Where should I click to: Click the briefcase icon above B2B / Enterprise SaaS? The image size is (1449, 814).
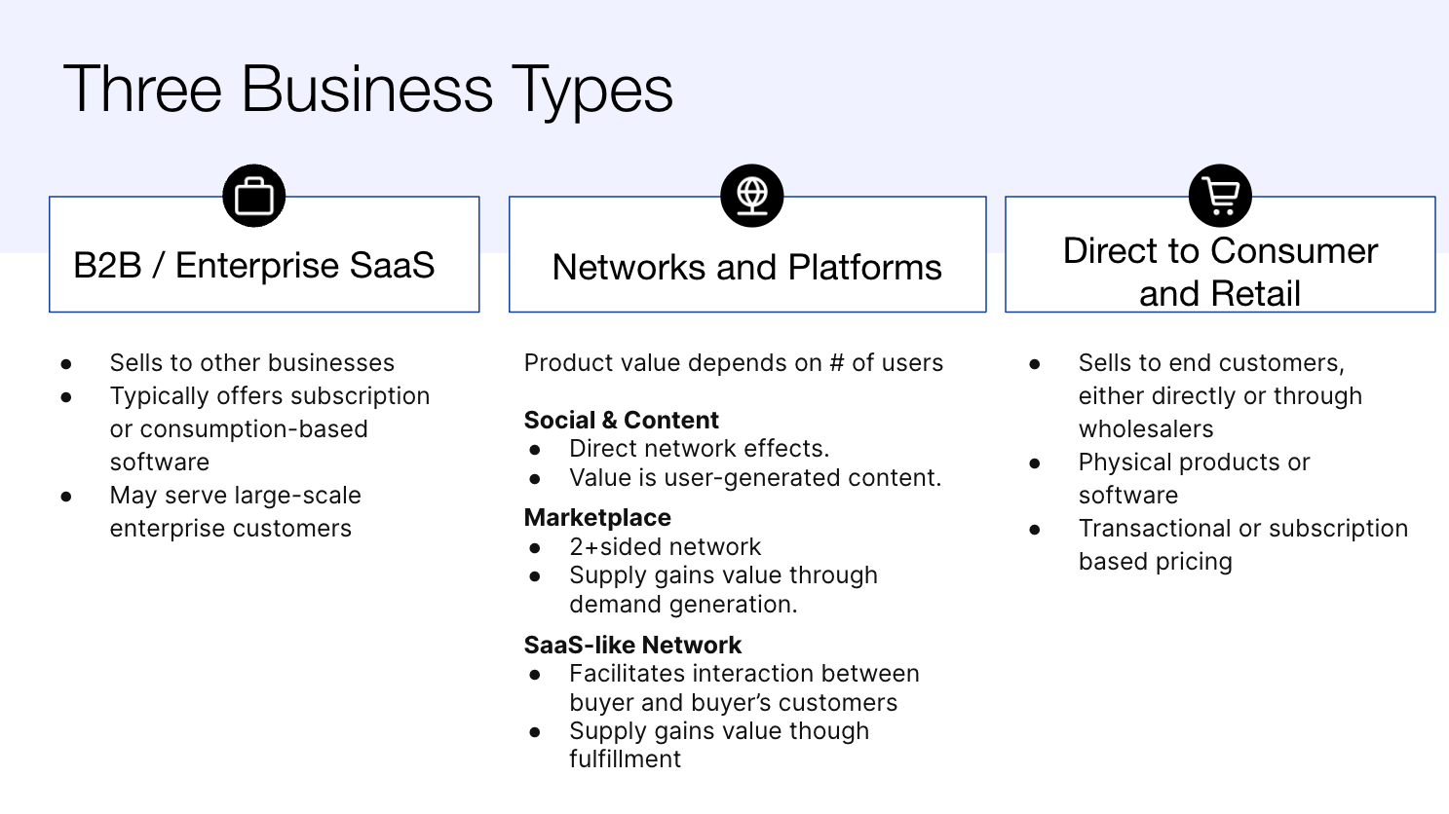pos(254,196)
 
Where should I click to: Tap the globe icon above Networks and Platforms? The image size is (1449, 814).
pos(751,196)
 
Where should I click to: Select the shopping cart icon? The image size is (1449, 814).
pos(1220,196)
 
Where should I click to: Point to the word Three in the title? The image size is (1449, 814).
pos(143,91)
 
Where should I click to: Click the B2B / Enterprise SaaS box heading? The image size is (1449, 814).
pos(254,266)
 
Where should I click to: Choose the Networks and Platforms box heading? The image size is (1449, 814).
pos(746,268)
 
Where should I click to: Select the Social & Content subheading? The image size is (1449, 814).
pos(621,421)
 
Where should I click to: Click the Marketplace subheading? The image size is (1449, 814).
pos(597,518)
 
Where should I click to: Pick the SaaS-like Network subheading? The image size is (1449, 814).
pos(632,646)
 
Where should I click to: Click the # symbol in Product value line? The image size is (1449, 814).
pos(836,363)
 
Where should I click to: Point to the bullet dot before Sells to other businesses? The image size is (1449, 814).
pos(66,364)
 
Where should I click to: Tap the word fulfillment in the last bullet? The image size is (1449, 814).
pos(625,759)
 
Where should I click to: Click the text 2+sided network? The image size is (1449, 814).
pos(665,547)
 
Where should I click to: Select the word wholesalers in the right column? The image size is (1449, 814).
pos(1145,429)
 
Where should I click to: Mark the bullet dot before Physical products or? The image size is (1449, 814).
pos(1035,463)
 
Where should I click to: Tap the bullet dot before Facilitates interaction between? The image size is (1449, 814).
pos(535,675)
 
